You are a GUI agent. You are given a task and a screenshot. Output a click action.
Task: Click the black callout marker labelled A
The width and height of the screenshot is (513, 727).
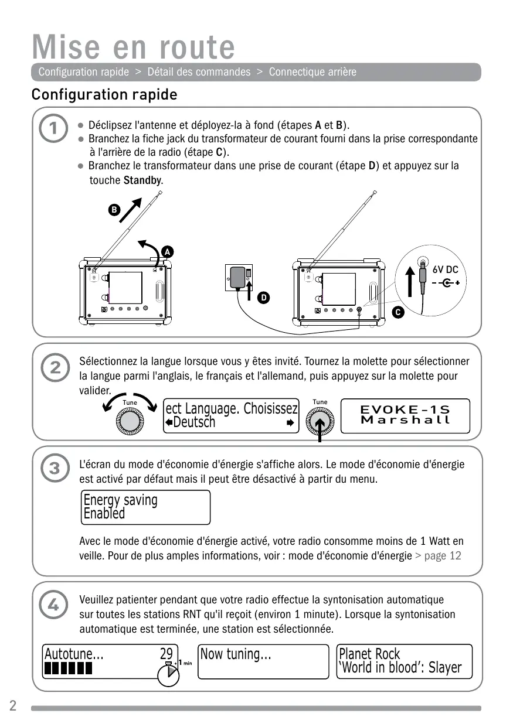[167, 252]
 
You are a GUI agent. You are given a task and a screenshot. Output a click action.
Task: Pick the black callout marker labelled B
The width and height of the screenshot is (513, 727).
[115, 209]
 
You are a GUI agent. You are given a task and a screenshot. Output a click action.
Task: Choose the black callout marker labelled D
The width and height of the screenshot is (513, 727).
[264, 298]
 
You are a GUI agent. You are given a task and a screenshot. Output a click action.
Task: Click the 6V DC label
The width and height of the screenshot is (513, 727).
[446, 270]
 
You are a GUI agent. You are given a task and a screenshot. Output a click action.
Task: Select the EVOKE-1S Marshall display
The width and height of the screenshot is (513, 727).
[405, 415]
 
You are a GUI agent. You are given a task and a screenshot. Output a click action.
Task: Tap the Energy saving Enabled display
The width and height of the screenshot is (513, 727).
[145, 507]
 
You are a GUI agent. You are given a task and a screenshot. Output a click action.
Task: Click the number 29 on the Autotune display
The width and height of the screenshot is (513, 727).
[167, 654]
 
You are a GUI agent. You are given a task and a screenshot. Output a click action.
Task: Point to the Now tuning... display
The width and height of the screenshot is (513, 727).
[263, 661]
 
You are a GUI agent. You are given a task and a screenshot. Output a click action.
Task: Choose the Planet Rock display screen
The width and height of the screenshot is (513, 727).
[404, 661]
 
